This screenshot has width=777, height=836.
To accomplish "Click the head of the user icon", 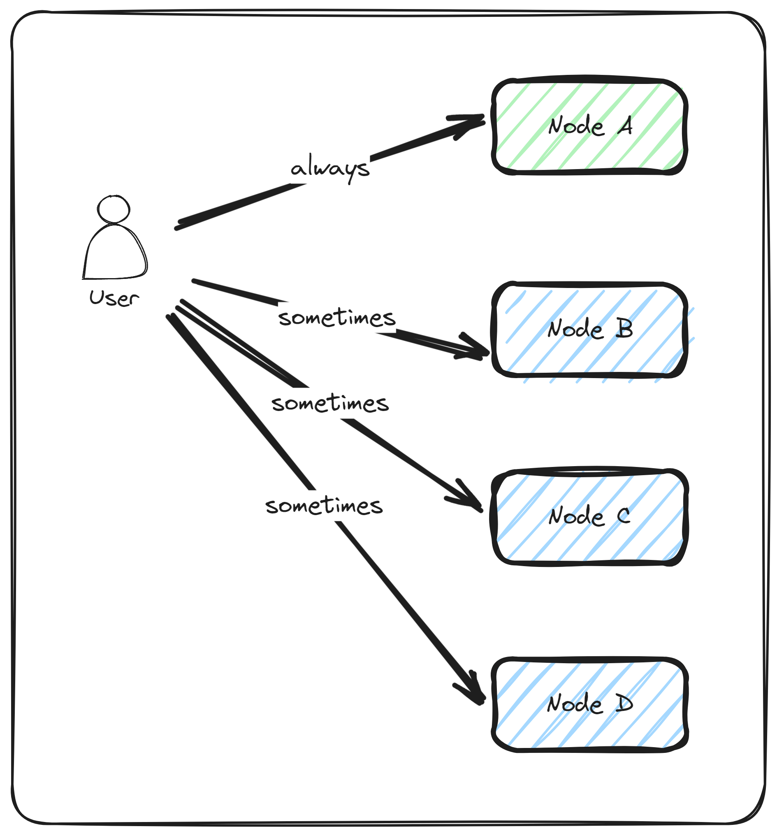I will pyautogui.click(x=114, y=209).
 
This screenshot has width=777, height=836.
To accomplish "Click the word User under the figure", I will pyautogui.click(x=114, y=298).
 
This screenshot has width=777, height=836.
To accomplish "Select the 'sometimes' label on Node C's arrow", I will pyautogui.click(x=330, y=403).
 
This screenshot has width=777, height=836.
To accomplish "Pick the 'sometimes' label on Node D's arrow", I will pyautogui.click(x=324, y=506).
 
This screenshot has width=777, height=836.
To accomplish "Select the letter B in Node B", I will pyautogui.click(x=624, y=329).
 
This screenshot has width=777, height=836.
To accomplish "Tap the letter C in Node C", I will pyautogui.click(x=624, y=516).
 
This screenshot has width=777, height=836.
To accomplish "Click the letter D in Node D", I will pyautogui.click(x=624, y=703).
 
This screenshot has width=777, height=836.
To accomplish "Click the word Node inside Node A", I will pyautogui.click(x=576, y=126).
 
